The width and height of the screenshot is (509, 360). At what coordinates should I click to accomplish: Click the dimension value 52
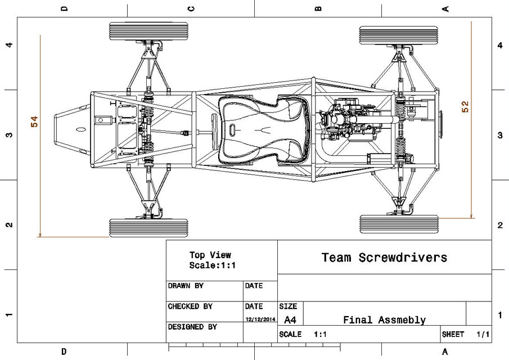(x=465, y=107)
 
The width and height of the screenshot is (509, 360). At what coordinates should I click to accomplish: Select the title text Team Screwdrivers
(x=384, y=258)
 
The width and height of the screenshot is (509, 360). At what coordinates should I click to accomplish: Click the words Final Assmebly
(x=384, y=320)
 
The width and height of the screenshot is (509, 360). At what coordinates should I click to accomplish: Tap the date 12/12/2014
(x=260, y=319)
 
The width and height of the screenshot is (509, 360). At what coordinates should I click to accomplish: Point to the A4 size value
(x=290, y=320)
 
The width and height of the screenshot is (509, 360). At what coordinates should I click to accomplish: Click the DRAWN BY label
(x=186, y=286)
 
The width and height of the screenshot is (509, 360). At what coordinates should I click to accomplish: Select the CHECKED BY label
(x=190, y=307)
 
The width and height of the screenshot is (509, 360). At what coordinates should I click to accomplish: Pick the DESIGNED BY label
(x=192, y=327)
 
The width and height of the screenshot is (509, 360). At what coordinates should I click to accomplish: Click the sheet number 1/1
(x=483, y=334)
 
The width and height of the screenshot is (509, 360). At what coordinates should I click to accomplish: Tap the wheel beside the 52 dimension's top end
(x=398, y=35)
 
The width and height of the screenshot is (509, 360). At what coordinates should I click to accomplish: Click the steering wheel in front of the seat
(x=215, y=130)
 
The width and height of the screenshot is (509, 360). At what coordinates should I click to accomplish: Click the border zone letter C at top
(x=191, y=8)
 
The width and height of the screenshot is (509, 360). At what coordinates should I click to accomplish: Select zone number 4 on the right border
(x=500, y=45)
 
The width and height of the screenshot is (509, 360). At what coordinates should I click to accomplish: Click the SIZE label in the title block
(x=288, y=307)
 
